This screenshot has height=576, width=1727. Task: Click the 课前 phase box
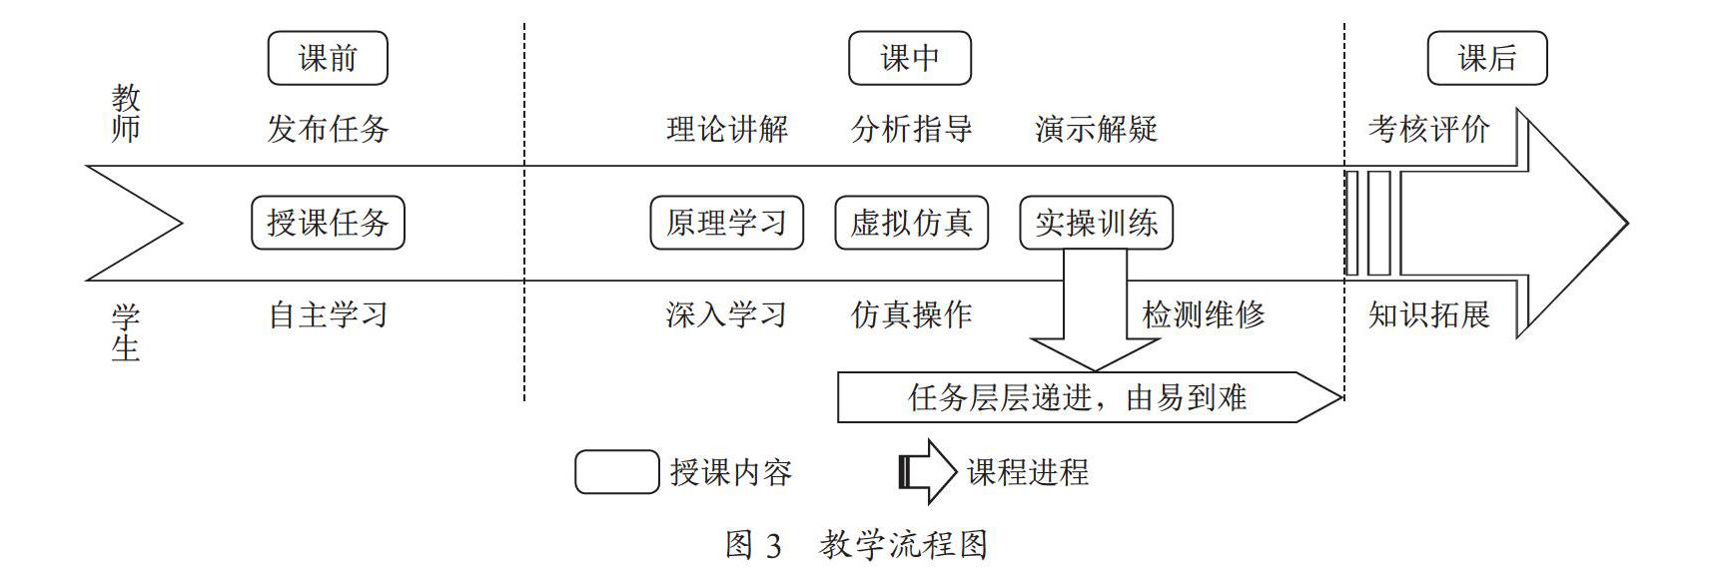click(x=328, y=58)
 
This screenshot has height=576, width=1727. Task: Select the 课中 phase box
click(x=910, y=58)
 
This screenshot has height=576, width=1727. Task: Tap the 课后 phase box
click(x=1487, y=58)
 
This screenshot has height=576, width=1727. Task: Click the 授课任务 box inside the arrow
click(x=328, y=222)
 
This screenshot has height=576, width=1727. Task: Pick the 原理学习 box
click(x=727, y=222)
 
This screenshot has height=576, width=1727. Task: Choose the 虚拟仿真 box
click(x=912, y=222)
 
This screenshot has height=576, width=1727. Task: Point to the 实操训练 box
click(x=1097, y=222)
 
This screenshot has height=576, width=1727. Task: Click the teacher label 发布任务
click(x=328, y=129)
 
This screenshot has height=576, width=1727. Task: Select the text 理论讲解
click(x=727, y=129)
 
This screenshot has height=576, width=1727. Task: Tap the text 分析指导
click(x=912, y=129)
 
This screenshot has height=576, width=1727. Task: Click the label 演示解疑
click(x=1097, y=129)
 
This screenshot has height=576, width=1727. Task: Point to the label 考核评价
click(x=1429, y=129)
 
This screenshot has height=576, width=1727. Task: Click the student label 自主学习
click(x=328, y=315)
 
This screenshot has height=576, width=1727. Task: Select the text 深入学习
click(x=727, y=315)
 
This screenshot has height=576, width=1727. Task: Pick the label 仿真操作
click(x=912, y=315)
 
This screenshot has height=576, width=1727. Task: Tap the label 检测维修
click(x=1204, y=315)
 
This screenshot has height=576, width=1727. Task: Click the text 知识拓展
click(x=1429, y=315)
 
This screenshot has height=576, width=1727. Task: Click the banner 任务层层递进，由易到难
click(x=1089, y=397)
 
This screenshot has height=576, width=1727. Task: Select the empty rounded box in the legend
click(x=617, y=472)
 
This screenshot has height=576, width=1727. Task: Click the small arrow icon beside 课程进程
click(x=928, y=472)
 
